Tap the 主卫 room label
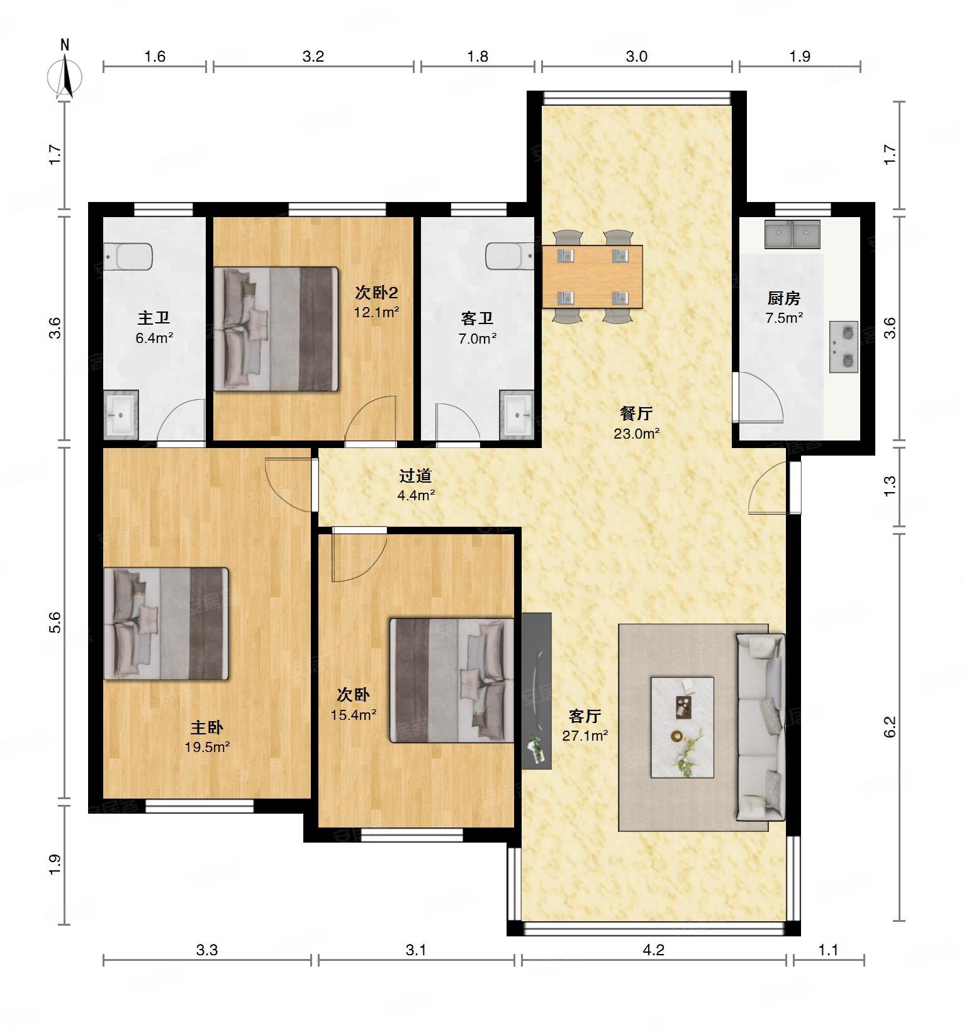pyautogui.click(x=154, y=318)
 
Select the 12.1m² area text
pyautogui.click(x=376, y=312)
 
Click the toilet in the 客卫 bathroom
pyautogui.click(x=510, y=255)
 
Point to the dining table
pyautogui.click(x=592, y=276)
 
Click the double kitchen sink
pyautogui.click(x=792, y=234)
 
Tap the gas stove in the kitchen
pyautogui.click(x=844, y=346)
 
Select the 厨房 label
pyautogui.click(x=784, y=298)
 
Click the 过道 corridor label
pyautogui.click(x=416, y=475)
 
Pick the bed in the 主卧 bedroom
pyautogui.click(x=166, y=623)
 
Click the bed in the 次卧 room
pyautogui.click(x=452, y=680)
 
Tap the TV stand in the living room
pyautogui.click(x=537, y=690)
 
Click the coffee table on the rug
pyautogui.click(x=682, y=727)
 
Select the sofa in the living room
pyautogui.click(x=761, y=727)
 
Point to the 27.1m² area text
pyautogui.click(x=585, y=735)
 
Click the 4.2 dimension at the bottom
pyautogui.click(x=654, y=950)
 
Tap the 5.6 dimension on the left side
pyautogui.click(x=55, y=622)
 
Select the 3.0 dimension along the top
pyautogui.click(x=636, y=57)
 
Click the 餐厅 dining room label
pyautogui.click(x=636, y=413)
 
